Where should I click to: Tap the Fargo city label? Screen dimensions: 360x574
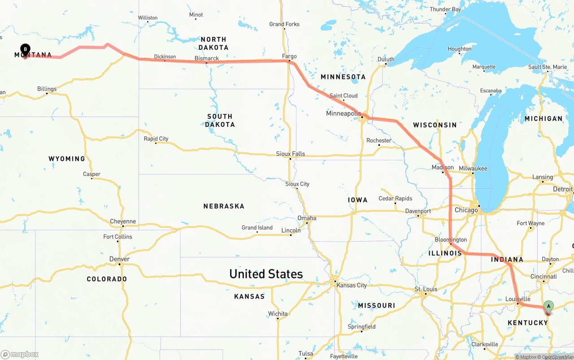tap(289, 56)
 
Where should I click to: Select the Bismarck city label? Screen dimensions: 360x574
tap(207, 58)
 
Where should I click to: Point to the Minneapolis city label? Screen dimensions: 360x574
tap(343, 113)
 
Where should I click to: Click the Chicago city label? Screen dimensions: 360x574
tap(466, 210)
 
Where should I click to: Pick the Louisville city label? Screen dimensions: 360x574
tap(517, 299)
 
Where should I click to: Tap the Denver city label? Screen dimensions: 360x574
tap(119, 259)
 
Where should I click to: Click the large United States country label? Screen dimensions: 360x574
tap(266, 274)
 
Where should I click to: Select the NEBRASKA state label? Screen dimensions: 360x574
tap(224, 206)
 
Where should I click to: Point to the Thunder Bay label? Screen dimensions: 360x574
tap(445, 9)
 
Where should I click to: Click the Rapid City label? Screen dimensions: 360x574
tap(156, 139)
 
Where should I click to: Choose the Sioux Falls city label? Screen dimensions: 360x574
tap(290, 154)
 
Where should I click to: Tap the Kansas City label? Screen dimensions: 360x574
tap(352, 285)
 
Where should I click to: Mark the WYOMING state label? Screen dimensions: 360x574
tap(67, 159)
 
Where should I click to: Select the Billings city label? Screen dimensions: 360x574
tap(47, 89)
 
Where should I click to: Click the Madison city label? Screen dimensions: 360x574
tap(443, 168)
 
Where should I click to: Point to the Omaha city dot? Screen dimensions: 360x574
tap(307, 223)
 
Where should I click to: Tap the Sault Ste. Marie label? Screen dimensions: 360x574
tap(548, 67)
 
